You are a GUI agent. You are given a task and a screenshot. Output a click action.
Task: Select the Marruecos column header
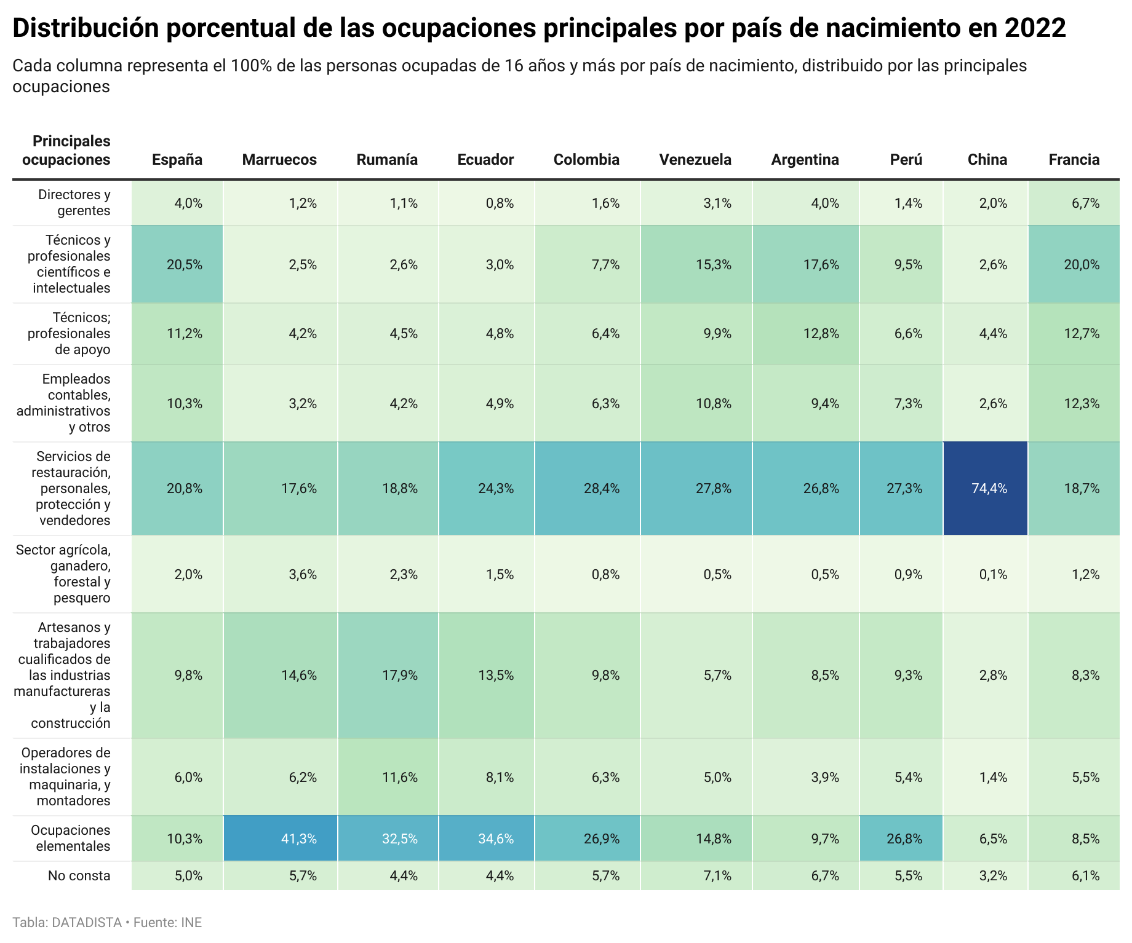(x=279, y=160)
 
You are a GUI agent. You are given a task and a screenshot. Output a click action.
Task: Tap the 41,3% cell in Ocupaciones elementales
(x=299, y=838)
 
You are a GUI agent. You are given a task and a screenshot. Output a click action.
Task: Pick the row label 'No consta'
(x=79, y=876)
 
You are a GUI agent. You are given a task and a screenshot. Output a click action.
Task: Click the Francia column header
(x=1074, y=160)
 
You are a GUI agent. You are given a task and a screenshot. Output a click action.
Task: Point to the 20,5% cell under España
(x=185, y=265)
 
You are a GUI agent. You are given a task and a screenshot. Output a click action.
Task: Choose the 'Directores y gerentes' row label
(x=74, y=203)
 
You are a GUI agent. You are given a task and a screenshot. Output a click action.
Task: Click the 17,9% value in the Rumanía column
(x=400, y=676)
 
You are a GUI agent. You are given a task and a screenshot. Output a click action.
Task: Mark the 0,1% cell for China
(x=993, y=575)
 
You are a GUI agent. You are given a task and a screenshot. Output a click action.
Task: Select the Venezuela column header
(x=695, y=160)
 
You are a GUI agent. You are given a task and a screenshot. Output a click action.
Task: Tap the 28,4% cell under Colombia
(x=602, y=489)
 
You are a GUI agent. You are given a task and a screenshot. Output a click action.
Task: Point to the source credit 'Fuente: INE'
(x=167, y=923)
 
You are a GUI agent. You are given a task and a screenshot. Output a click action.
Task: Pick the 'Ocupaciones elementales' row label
(x=71, y=838)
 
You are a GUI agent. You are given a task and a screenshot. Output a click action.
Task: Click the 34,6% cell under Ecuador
(x=496, y=838)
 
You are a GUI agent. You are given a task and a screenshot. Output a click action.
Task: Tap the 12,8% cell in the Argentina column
(x=821, y=334)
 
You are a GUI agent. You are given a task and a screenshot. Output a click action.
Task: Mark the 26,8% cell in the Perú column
(x=904, y=838)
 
